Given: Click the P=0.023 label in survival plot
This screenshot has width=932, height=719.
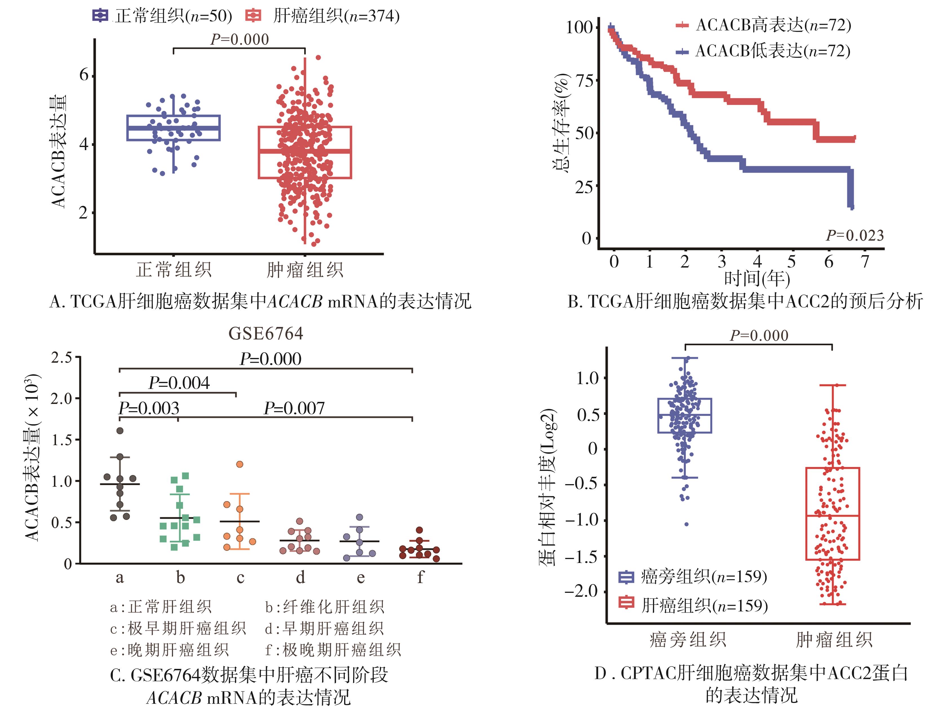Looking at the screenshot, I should coord(854,235).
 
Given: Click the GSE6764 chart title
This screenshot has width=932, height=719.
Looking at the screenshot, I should coord(265,333).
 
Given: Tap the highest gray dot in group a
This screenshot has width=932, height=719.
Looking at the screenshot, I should coord(120,431).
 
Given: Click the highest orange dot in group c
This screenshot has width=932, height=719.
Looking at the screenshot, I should coord(240,464).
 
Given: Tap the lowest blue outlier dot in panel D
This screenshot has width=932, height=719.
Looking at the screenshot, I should coord(687,524).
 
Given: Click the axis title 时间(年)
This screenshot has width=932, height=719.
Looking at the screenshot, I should coord(757,279).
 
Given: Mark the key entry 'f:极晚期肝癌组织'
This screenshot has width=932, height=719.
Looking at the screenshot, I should coord(333,650).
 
